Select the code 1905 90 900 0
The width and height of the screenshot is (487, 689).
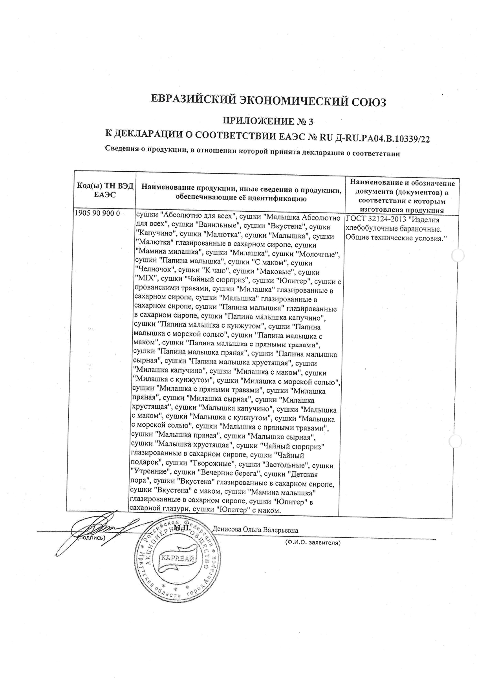coord(97,214)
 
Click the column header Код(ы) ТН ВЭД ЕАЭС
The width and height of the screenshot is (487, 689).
coord(105,191)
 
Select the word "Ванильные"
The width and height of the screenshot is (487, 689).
coord(219,226)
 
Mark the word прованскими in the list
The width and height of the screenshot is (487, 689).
coord(154,290)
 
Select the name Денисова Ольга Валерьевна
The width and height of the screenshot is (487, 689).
coord(255,529)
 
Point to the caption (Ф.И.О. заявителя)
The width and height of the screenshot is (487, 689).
coord(312,542)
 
